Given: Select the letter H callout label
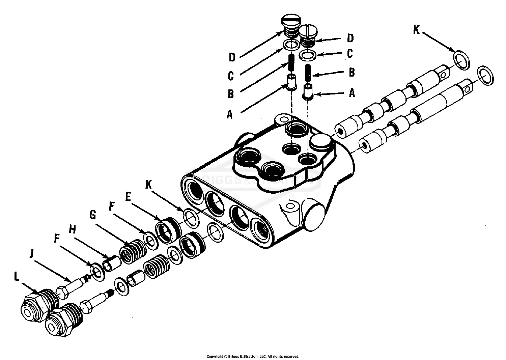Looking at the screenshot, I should [x=72, y=229].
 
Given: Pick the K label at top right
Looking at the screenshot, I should [x=417, y=30].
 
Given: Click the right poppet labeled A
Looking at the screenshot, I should [x=308, y=92].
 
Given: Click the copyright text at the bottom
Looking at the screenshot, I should [x=253, y=356].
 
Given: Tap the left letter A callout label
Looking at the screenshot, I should [x=230, y=115].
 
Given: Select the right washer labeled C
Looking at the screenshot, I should [x=307, y=55].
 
